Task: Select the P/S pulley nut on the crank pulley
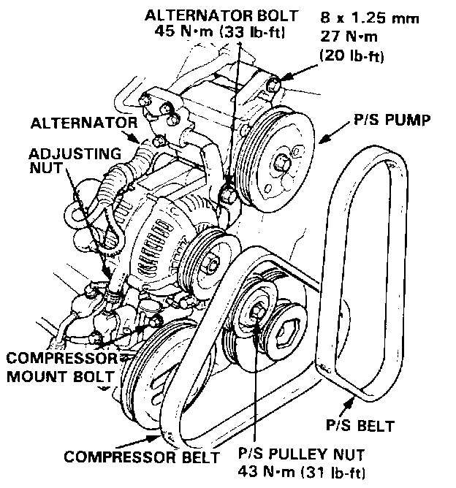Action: pos(257,312)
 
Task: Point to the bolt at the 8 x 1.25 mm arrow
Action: pos(273,87)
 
